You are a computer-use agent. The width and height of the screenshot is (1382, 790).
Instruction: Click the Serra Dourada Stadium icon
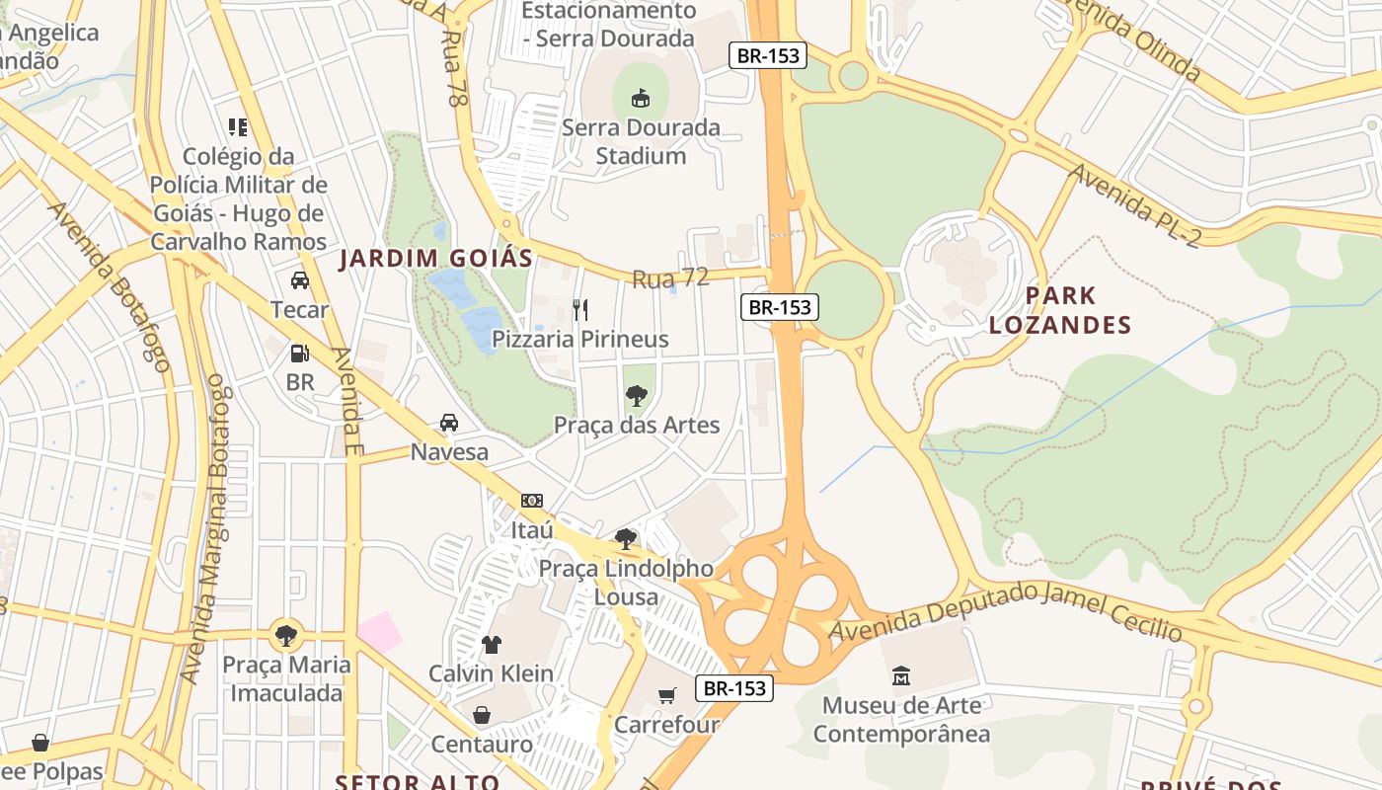pyautogui.click(x=641, y=98)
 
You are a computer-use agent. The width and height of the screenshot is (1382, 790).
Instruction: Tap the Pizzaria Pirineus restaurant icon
pyautogui.click(x=580, y=310)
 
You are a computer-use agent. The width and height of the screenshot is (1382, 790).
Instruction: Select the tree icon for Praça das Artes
pyautogui.click(x=637, y=396)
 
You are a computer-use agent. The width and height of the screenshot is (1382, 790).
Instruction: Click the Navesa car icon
pyautogui.click(x=449, y=423)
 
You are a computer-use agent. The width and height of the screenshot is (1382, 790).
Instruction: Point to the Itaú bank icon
pyautogui.click(x=532, y=501)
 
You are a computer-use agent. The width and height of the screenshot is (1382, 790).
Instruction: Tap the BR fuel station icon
pyautogui.click(x=299, y=353)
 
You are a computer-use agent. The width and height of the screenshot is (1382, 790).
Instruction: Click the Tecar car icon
pyautogui.click(x=300, y=280)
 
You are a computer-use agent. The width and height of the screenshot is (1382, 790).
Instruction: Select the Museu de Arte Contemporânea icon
pyautogui.click(x=901, y=676)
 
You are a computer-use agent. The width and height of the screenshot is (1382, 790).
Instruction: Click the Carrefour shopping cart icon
pyautogui.click(x=667, y=695)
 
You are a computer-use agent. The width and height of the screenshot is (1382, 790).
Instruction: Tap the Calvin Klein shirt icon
pyautogui.click(x=491, y=645)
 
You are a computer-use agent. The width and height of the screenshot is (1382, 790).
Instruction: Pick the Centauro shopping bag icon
pyautogui.click(x=482, y=714)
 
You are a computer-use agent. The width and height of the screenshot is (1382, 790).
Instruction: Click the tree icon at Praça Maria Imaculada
pyautogui.click(x=286, y=635)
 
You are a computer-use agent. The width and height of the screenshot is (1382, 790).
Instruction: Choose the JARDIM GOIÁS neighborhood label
pyautogui.click(x=435, y=259)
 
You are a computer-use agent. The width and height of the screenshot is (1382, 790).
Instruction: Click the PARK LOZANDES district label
pyautogui.click(x=1060, y=310)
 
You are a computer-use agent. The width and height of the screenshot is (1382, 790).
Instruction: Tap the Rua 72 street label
pyautogui.click(x=670, y=278)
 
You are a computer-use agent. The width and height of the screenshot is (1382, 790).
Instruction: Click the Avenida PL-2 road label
pyautogui.click(x=1135, y=204)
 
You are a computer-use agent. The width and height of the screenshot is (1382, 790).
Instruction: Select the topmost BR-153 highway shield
pyautogui.click(x=768, y=55)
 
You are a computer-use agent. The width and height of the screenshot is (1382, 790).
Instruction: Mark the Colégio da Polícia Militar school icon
pyautogui.click(x=238, y=126)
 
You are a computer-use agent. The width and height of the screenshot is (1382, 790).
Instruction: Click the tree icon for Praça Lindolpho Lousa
pyautogui.click(x=625, y=538)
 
